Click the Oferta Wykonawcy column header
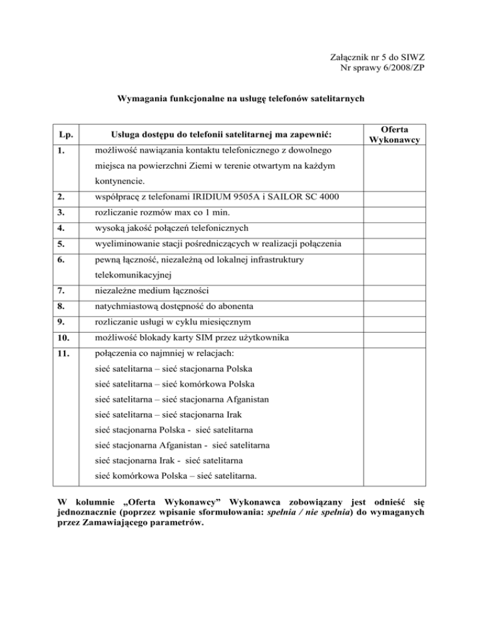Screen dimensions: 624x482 coord(394,134)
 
